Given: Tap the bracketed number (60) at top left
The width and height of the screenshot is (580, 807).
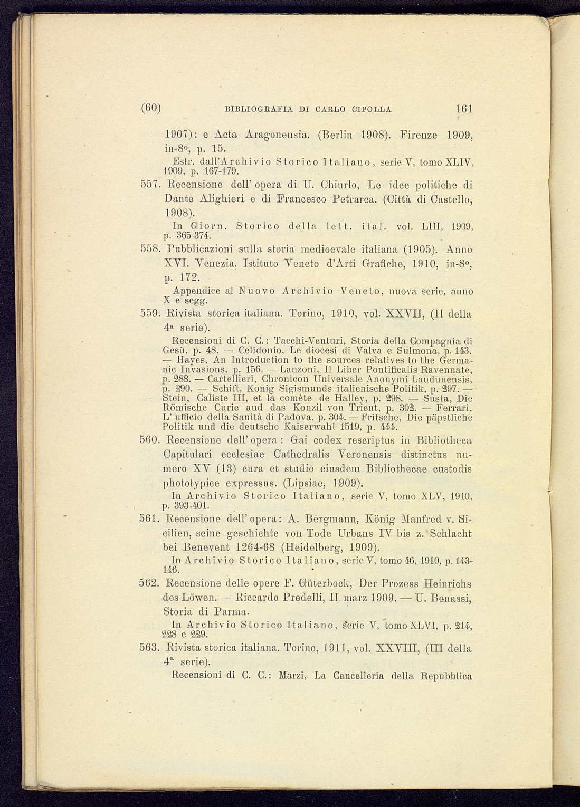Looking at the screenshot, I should click(151, 109).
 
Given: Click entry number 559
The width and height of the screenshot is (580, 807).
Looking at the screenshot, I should click(150, 314).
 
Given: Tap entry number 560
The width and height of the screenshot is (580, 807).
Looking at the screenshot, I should click(150, 440).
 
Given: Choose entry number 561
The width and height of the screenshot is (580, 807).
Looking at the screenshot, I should click(150, 518).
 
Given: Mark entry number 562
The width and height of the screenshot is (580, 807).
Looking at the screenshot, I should click(150, 584).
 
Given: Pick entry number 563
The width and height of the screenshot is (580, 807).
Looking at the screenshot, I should click(150, 648).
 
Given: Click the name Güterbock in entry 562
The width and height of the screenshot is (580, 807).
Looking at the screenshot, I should click(325, 584).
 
